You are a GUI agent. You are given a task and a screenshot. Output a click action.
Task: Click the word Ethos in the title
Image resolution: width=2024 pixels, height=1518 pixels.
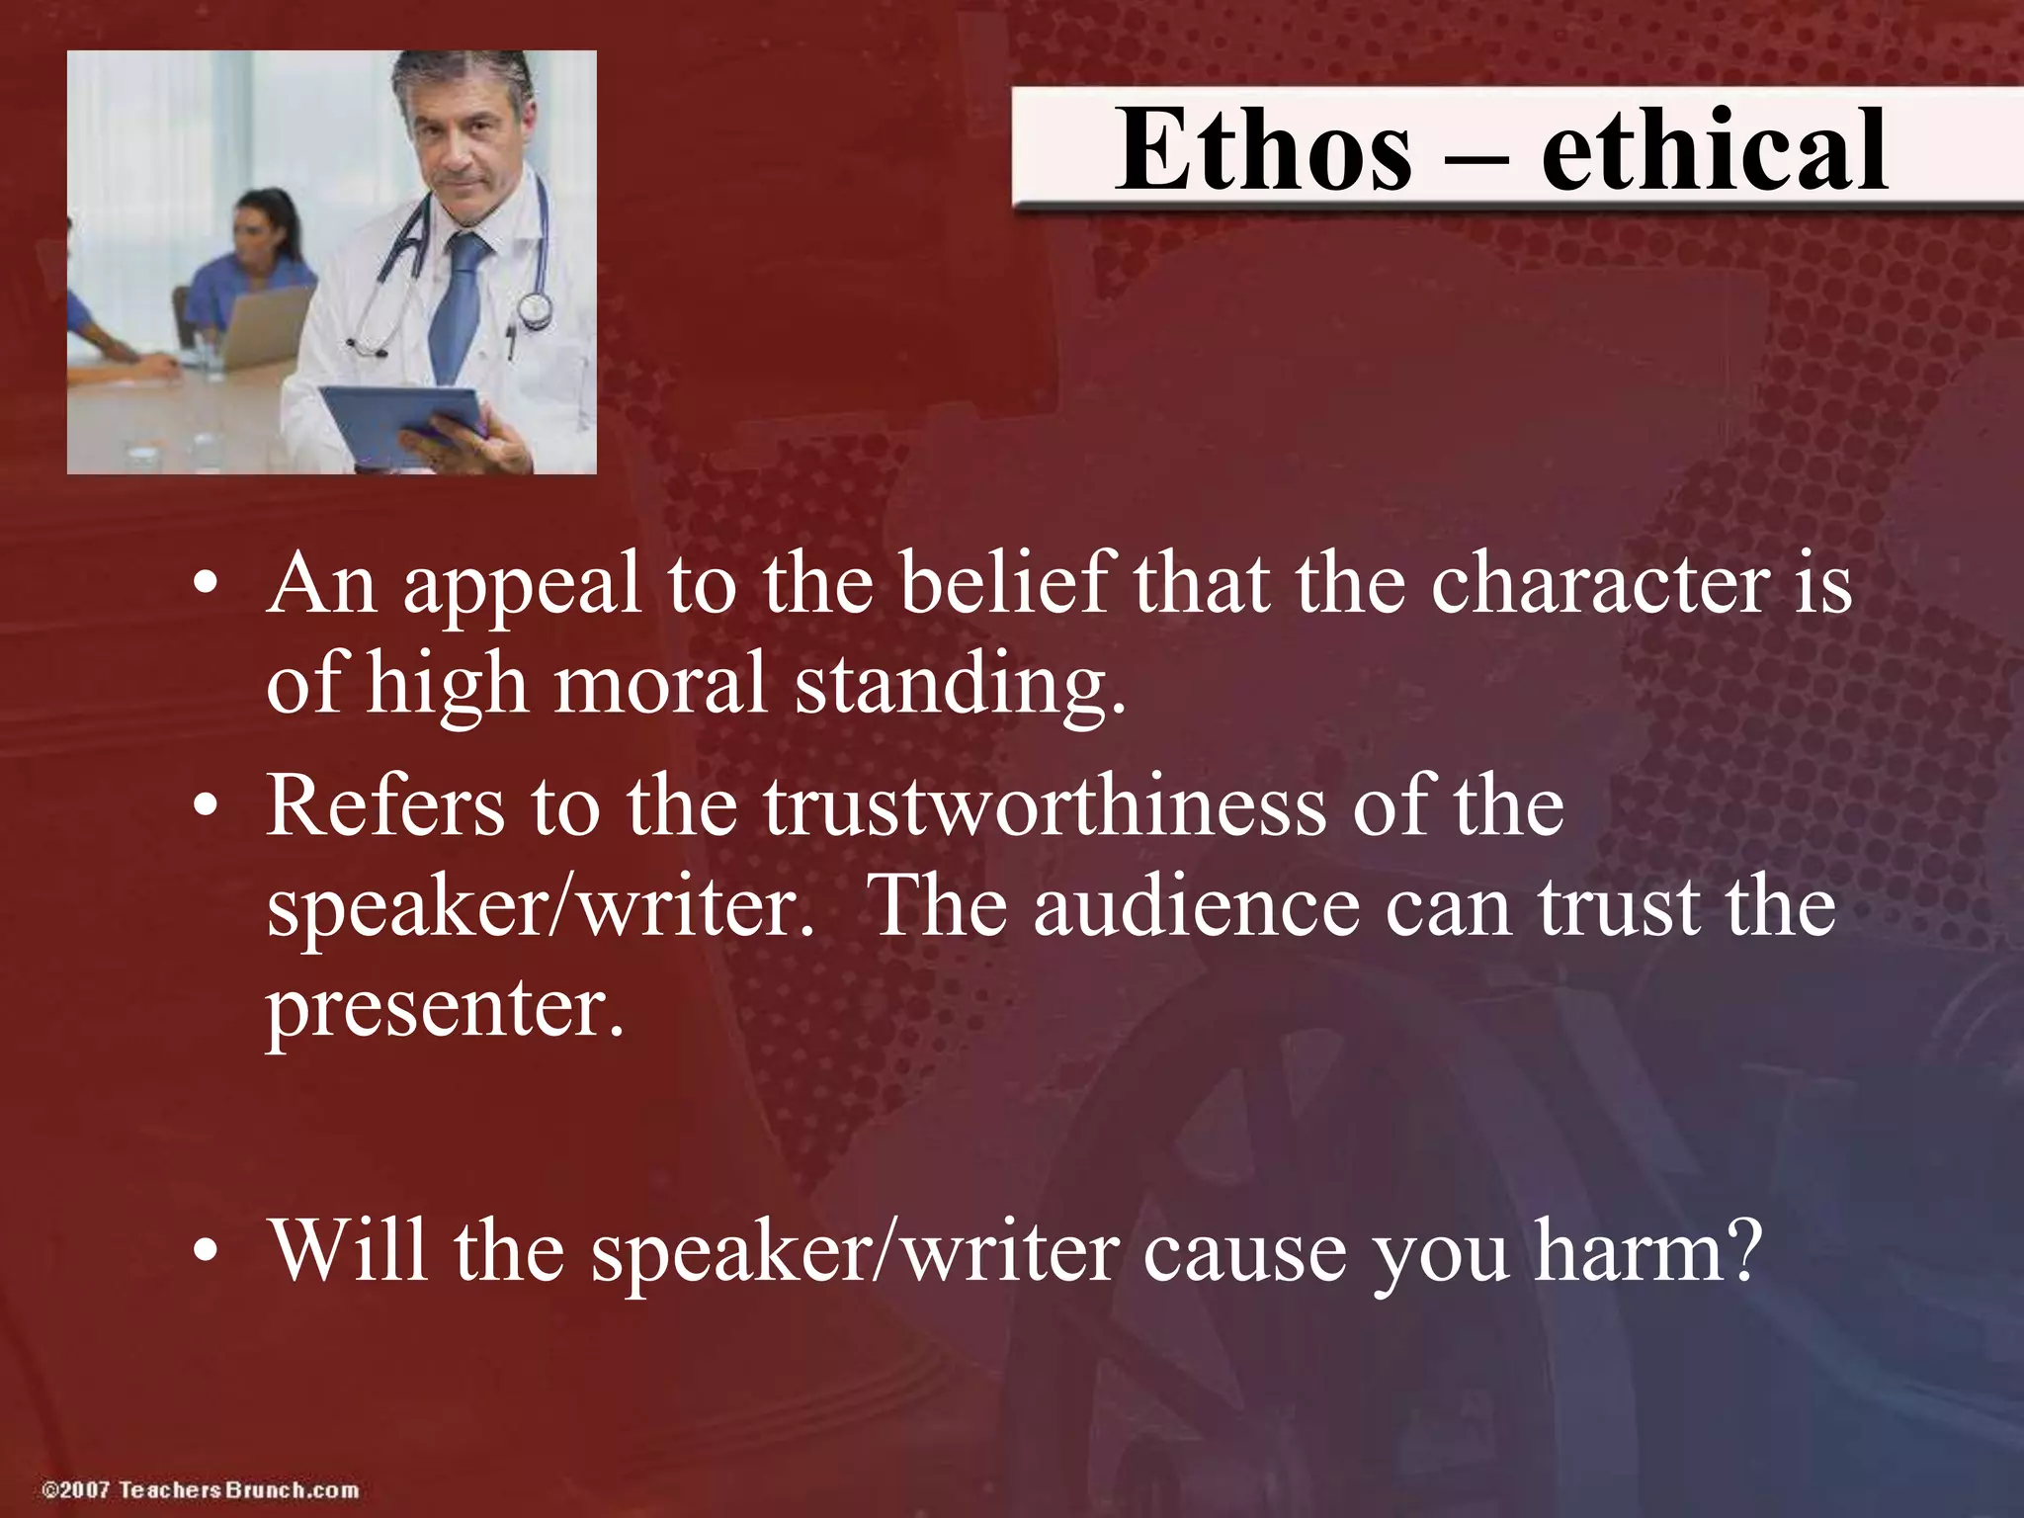[x=1264, y=150]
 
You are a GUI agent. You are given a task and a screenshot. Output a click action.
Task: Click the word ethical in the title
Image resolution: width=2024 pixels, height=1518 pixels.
[x=1714, y=150]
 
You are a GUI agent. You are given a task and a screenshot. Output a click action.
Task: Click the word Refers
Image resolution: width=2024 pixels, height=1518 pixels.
[x=385, y=805]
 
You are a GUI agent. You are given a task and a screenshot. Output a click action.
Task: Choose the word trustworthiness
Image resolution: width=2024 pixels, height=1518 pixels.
[x=1044, y=805]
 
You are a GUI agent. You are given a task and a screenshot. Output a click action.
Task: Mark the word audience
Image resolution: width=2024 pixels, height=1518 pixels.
[x=1196, y=907]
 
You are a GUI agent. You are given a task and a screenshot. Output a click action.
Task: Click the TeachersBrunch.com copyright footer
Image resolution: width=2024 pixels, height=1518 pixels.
[x=201, y=1489]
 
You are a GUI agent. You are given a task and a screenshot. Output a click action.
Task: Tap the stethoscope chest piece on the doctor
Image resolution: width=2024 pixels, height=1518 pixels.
[x=535, y=311]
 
